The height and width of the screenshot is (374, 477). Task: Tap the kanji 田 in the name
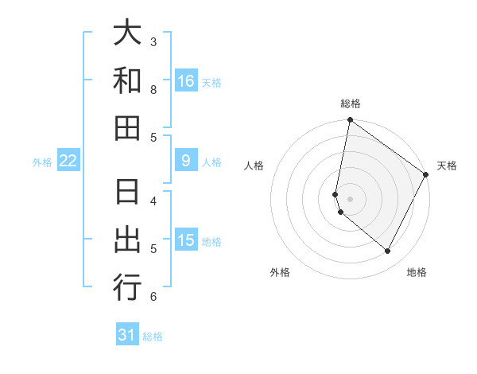click(x=127, y=127)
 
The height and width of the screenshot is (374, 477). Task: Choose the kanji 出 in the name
click(x=127, y=240)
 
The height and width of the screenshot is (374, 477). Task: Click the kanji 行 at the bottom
click(x=127, y=287)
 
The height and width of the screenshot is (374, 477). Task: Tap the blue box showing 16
click(x=185, y=80)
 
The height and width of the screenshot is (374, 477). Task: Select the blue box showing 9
click(x=185, y=161)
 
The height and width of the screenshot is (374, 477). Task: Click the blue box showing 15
click(x=185, y=240)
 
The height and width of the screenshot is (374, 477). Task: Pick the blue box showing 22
click(x=68, y=161)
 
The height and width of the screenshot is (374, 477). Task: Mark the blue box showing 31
click(x=127, y=335)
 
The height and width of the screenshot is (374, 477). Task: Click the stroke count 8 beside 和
click(x=153, y=90)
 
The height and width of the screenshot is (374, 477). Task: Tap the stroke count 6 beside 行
click(x=153, y=297)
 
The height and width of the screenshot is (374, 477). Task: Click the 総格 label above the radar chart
click(x=351, y=103)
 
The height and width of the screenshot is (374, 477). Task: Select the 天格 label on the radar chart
click(x=447, y=166)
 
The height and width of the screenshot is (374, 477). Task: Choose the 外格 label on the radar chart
click(x=279, y=272)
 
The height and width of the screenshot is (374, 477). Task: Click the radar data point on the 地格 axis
click(x=387, y=251)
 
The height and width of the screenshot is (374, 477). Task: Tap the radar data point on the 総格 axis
click(x=350, y=120)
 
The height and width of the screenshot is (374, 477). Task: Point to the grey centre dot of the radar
click(x=350, y=199)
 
